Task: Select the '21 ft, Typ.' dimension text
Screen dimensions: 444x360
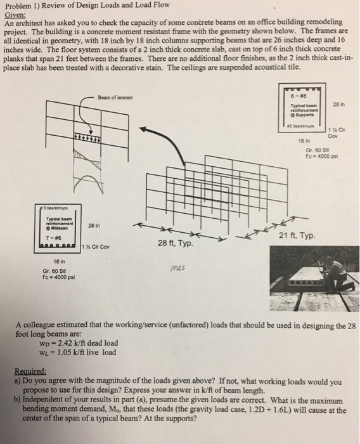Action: [x=295, y=236]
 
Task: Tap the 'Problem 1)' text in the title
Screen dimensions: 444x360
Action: [x=23, y=5]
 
